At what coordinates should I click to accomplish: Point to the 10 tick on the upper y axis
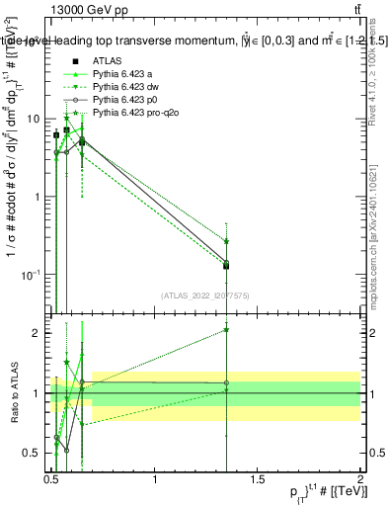(36, 119)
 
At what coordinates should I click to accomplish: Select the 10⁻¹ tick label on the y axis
(33, 274)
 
